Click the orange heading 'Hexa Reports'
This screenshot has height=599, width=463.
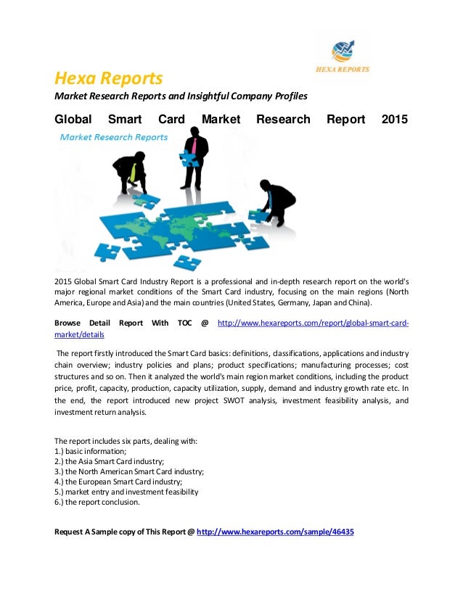point(109,78)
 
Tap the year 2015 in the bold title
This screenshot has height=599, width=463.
point(394,120)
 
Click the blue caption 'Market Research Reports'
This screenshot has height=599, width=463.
point(113,136)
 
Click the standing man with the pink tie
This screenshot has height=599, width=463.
point(194,156)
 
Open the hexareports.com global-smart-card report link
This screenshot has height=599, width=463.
point(312,322)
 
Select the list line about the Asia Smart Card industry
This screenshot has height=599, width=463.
point(110,460)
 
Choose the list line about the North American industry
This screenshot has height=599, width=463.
point(129,471)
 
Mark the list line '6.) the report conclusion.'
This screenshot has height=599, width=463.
point(97,501)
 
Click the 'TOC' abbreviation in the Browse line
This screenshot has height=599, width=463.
point(181,322)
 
